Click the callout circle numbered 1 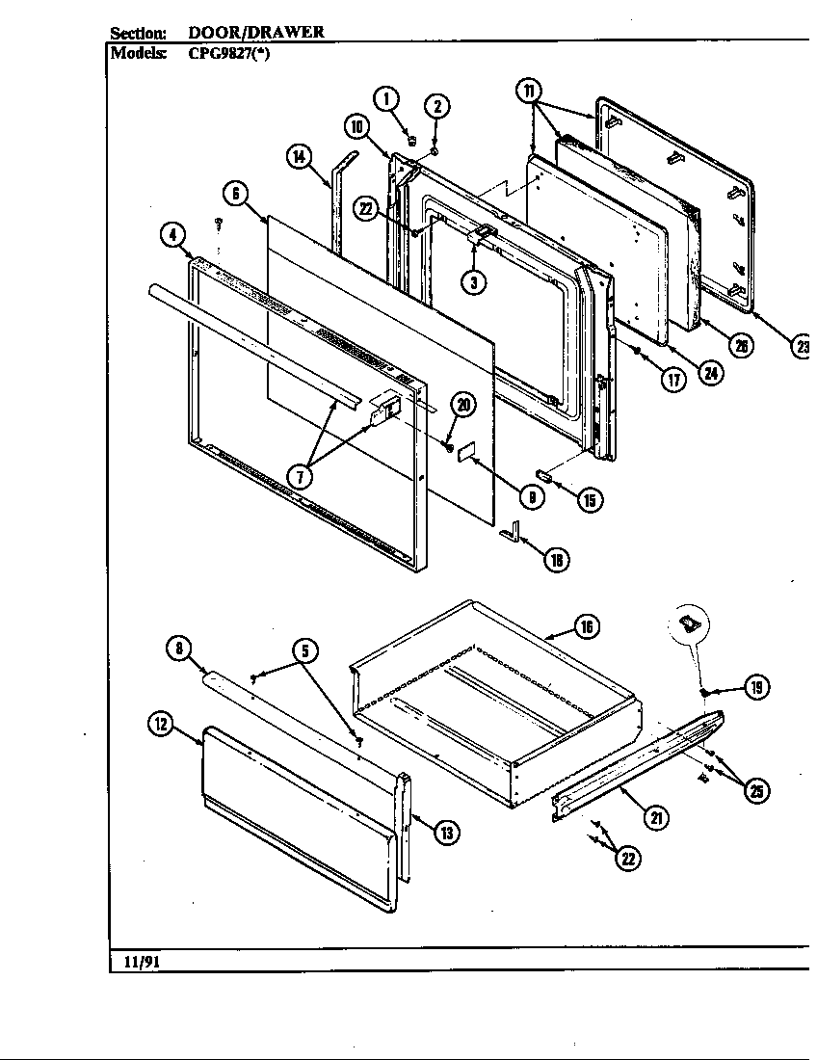click(385, 97)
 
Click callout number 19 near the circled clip click(757, 687)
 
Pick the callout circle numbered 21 click(656, 818)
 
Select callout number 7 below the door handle click(301, 476)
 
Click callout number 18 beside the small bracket click(555, 558)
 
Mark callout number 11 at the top click(529, 91)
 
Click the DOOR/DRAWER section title click(255, 32)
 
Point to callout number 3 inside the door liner click(472, 281)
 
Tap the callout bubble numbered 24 click(711, 374)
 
